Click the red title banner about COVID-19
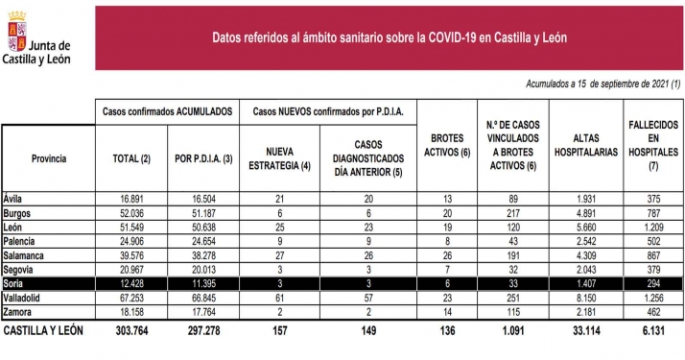point(389,36)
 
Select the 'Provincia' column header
point(48,157)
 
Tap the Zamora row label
point(20,312)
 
